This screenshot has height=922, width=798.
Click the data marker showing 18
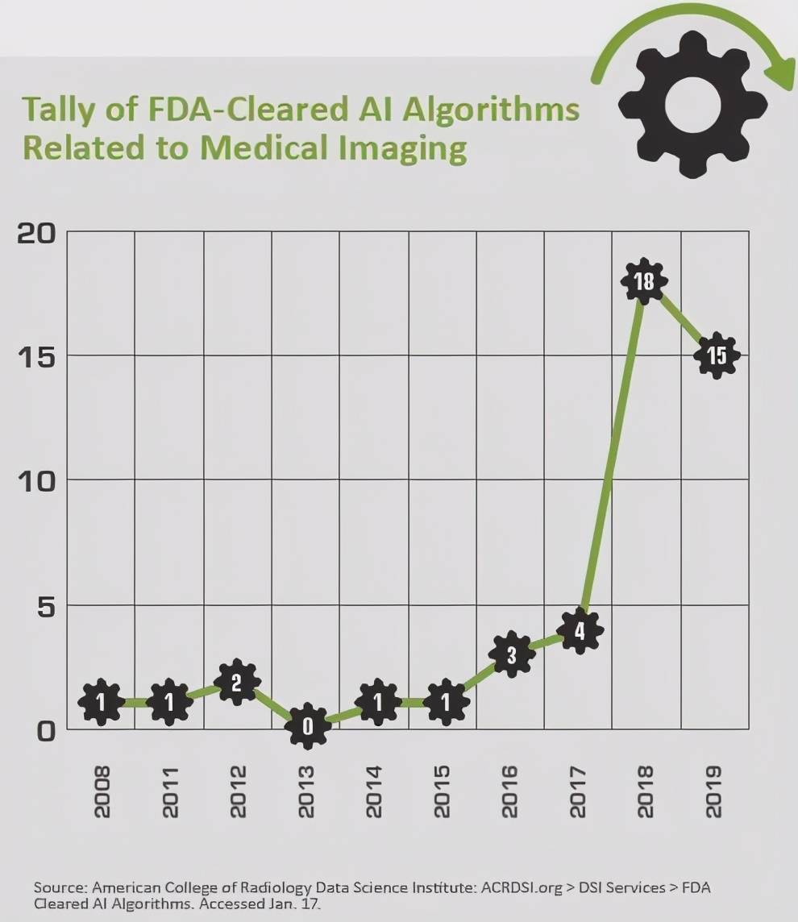[643, 281]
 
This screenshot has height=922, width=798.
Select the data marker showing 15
[716, 355]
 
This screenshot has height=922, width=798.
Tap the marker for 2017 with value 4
[578, 631]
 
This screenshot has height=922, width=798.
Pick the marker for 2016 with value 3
[510, 655]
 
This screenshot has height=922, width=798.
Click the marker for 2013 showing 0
[306, 726]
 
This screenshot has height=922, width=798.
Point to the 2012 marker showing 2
[237, 683]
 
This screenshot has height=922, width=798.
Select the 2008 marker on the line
[101, 703]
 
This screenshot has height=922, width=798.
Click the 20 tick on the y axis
[37, 233]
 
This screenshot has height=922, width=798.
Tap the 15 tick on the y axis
[37, 356]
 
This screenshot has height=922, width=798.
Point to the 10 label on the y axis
[37, 480]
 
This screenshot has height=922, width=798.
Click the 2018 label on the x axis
[645, 791]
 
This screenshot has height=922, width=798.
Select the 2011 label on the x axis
[170, 791]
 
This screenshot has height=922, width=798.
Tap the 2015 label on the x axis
[443, 791]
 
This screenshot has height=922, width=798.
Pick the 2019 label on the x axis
[714, 791]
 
